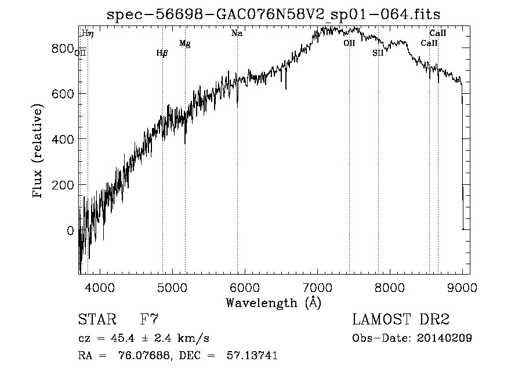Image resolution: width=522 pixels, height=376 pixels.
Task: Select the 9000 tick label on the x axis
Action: [462, 287]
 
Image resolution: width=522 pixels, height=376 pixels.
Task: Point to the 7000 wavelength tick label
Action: [317, 287]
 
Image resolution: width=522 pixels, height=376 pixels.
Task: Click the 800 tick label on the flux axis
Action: [62, 48]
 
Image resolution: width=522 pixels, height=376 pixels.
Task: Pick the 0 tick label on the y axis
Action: [71, 231]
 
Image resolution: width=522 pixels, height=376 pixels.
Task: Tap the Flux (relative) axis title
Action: [39, 152]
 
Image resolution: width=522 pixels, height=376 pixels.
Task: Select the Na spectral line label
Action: [237, 34]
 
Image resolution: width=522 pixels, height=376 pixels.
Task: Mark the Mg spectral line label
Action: [185, 43]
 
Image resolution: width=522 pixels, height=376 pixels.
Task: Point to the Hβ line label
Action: [162, 53]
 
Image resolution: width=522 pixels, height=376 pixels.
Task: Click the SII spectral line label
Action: [378, 53]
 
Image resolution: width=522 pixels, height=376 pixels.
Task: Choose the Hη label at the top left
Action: [88, 34]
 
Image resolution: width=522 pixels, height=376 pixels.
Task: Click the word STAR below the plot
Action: [97, 320]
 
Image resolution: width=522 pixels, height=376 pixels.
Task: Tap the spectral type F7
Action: [150, 320]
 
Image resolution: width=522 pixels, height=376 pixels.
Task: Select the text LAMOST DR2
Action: [401, 320]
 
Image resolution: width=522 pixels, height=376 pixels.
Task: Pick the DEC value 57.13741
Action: [253, 356]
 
